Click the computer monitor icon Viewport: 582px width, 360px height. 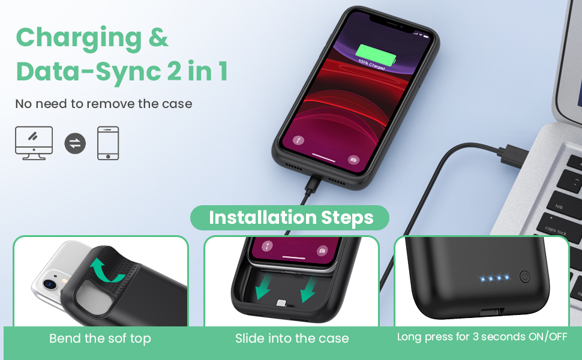click(34, 142)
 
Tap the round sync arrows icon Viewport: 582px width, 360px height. click(75, 143)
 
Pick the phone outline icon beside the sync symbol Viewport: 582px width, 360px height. click(108, 143)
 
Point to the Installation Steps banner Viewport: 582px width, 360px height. click(290, 218)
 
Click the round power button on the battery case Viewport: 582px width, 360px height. click(524, 277)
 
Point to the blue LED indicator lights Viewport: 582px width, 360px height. click(494, 278)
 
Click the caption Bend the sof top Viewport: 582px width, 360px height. click(100, 338)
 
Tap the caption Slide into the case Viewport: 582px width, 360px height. click(292, 338)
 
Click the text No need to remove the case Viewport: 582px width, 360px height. click(104, 104)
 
